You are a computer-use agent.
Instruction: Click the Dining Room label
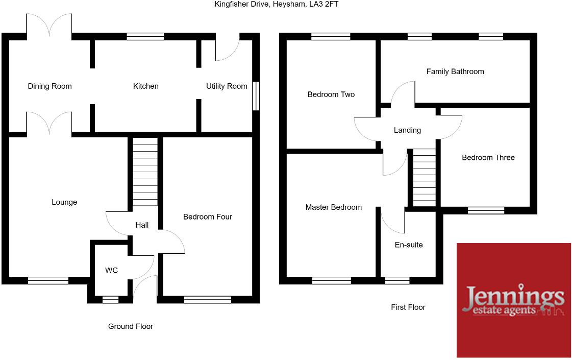pos(49,86)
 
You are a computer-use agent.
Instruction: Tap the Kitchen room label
pos(146,86)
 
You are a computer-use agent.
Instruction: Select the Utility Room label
pos(227,86)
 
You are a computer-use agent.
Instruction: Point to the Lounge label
pos(64,202)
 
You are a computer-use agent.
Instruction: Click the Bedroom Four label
pos(208,217)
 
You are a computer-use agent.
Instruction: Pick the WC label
pos(111,270)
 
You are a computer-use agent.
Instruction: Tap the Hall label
pos(142,225)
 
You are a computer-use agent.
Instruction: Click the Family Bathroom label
pos(455,71)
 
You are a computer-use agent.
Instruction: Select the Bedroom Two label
pos(331,94)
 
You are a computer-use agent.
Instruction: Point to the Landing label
pos(407,130)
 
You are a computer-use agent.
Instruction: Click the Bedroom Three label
pos(488,158)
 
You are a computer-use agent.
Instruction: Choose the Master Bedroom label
pos(334,207)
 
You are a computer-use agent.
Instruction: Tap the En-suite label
pos(409,245)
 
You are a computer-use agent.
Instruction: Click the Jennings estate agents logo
pos(513,300)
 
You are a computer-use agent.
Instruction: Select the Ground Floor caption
pos(131,326)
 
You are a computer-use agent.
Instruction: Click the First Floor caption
pos(408,307)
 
